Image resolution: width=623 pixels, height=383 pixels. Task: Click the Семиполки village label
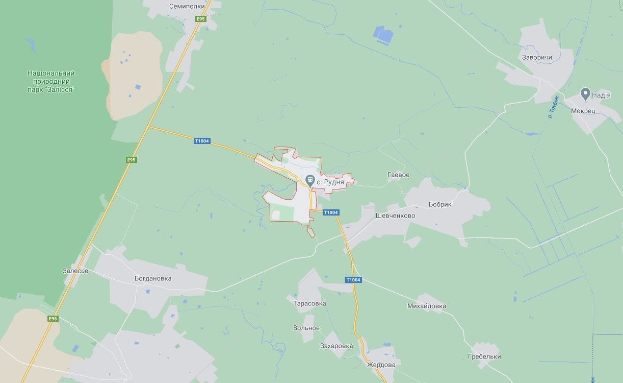[187, 7]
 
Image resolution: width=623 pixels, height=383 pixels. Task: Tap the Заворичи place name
[537, 58]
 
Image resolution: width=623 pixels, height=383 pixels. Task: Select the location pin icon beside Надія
[586, 94]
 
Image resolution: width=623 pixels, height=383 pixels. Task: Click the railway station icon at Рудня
[309, 180]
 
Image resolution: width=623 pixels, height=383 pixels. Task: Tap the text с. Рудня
[330, 181]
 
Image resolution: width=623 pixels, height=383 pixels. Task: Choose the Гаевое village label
[398, 175]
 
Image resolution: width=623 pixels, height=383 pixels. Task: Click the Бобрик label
[440, 204]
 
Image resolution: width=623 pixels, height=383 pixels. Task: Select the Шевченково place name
[395, 216]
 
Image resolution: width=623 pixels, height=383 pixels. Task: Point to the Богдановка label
[153, 279]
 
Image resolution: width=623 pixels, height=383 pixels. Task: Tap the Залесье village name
[75, 271]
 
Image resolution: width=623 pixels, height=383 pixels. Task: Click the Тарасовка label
[309, 303]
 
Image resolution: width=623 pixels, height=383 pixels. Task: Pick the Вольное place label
[306, 328]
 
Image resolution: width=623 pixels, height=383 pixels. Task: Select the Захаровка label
[336, 346]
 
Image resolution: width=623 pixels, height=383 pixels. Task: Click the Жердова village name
[381, 365]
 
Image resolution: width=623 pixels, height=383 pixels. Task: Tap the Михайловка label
[427, 306]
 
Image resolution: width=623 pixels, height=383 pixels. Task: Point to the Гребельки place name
[484, 356]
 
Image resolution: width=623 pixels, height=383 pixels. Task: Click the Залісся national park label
[51, 81]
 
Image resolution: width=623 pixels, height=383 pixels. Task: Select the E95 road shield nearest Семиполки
[201, 19]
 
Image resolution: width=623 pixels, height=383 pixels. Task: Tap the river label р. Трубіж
[553, 107]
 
